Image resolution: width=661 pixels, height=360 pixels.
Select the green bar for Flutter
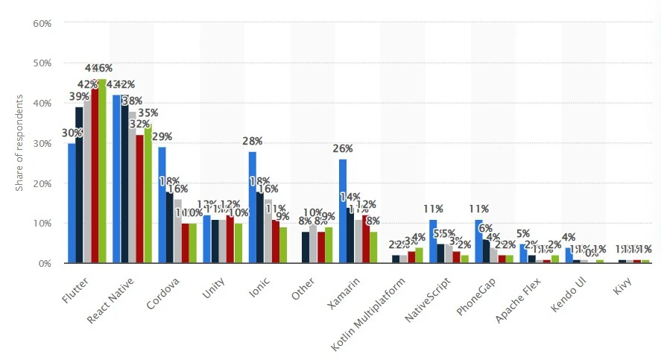[x=102, y=171]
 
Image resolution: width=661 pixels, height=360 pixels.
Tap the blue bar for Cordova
[x=162, y=205]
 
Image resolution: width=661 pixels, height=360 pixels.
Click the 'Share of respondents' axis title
[x=20, y=142]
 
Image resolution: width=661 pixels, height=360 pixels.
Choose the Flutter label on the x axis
[x=74, y=287]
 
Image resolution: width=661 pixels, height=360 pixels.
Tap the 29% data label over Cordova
[x=162, y=136]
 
